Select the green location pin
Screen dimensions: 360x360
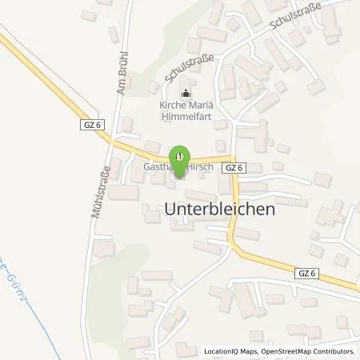tap(181, 157)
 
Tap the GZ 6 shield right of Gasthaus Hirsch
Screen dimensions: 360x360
tap(234, 167)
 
